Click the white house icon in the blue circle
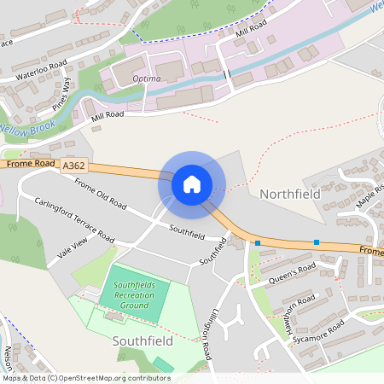(191, 184)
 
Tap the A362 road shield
(73, 171)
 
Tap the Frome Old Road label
(101, 195)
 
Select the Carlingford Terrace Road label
(74, 220)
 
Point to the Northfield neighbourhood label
(289, 195)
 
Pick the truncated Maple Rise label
(371, 195)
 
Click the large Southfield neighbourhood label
(143, 340)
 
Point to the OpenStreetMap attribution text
(86, 377)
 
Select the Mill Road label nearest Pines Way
(103, 113)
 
